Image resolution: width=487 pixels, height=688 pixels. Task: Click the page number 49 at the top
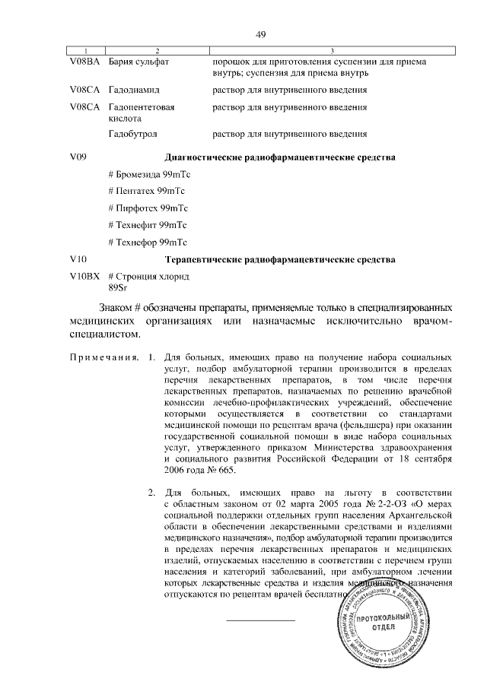coord(260,35)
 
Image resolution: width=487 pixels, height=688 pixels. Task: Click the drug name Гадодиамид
coord(135,90)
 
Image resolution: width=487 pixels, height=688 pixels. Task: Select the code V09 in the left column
coord(77,157)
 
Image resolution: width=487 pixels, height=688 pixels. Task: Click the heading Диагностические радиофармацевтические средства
coord(280,157)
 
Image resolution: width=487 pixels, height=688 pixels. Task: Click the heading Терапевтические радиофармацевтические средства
coord(280,260)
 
